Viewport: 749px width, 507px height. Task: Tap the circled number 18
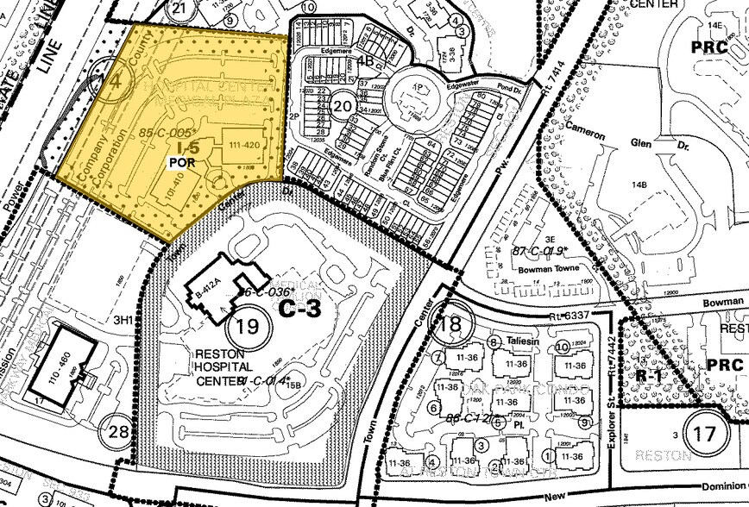450,325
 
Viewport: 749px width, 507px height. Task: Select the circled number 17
704,432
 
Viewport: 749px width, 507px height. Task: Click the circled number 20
343,105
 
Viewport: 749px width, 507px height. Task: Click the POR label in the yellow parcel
178,161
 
